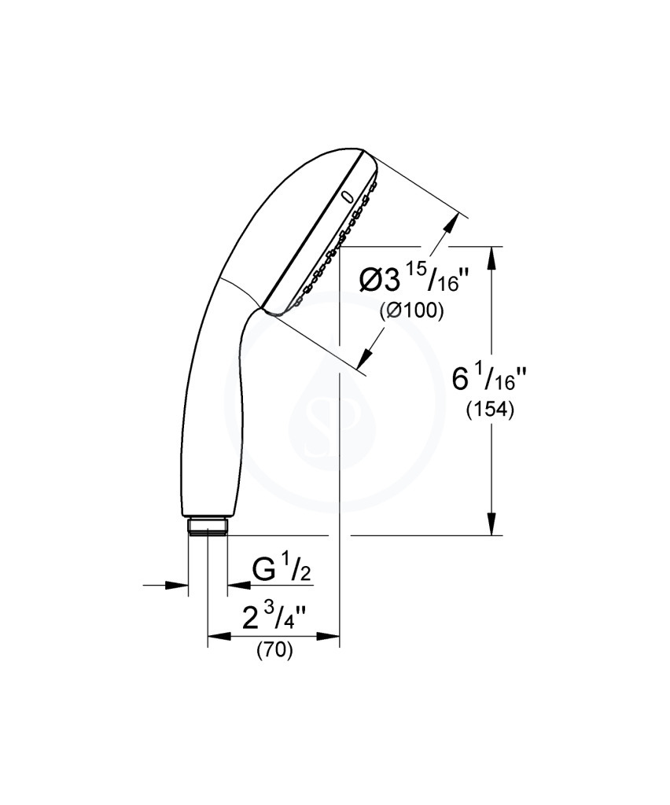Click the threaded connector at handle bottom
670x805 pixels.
(208, 526)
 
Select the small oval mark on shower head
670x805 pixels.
(348, 197)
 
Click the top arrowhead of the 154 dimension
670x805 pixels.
(492, 258)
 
